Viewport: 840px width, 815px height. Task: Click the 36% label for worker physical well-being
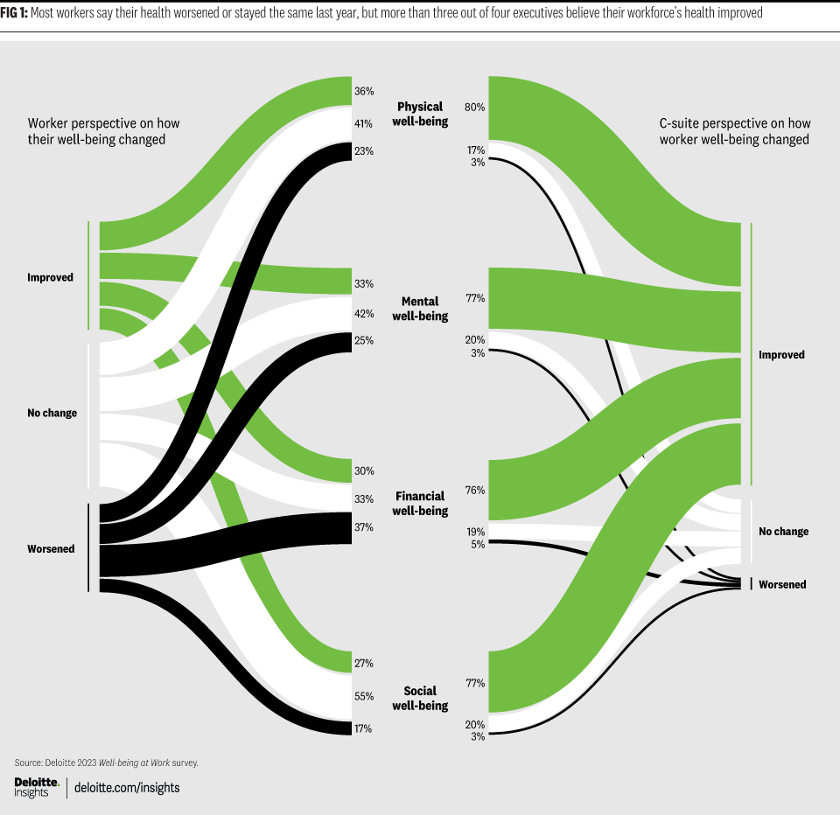point(364,91)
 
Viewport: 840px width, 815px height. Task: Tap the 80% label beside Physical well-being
point(475,108)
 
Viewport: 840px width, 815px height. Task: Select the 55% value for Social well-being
point(364,697)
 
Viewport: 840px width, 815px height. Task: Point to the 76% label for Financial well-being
point(475,491)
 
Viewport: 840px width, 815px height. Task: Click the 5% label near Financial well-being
point(478,544)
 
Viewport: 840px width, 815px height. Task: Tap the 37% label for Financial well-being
point(364,527)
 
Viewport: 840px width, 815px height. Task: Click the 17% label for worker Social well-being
point(364,728)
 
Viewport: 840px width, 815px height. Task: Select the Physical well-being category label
point(421,115)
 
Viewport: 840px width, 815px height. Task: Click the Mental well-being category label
point(420,309)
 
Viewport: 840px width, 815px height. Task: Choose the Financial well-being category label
point(420,504)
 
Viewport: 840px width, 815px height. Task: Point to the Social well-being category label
point(420,698)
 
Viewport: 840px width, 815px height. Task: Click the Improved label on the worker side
point(50,277)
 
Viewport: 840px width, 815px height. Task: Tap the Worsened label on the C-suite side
point(782,584)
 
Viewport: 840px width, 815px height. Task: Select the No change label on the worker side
point(52,413)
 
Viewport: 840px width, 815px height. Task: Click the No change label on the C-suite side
point(783,532)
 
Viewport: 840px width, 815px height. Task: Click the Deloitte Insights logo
point(37,786)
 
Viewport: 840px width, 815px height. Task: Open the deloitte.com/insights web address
point(127,787)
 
